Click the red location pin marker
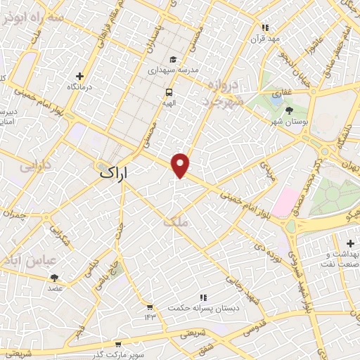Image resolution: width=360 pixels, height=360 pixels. tap(181, 165)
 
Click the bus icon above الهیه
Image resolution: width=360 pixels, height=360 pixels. tap(169, 92)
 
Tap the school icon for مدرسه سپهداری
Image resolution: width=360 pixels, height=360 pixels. tap(174, 60)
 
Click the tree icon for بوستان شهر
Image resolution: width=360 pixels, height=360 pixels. tap(289, 110)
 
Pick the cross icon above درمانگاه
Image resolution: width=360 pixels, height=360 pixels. tap(79, 76)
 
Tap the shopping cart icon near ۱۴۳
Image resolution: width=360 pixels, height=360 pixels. tap(149, 307)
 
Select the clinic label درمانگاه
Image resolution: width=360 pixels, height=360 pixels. tap(79, 86)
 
